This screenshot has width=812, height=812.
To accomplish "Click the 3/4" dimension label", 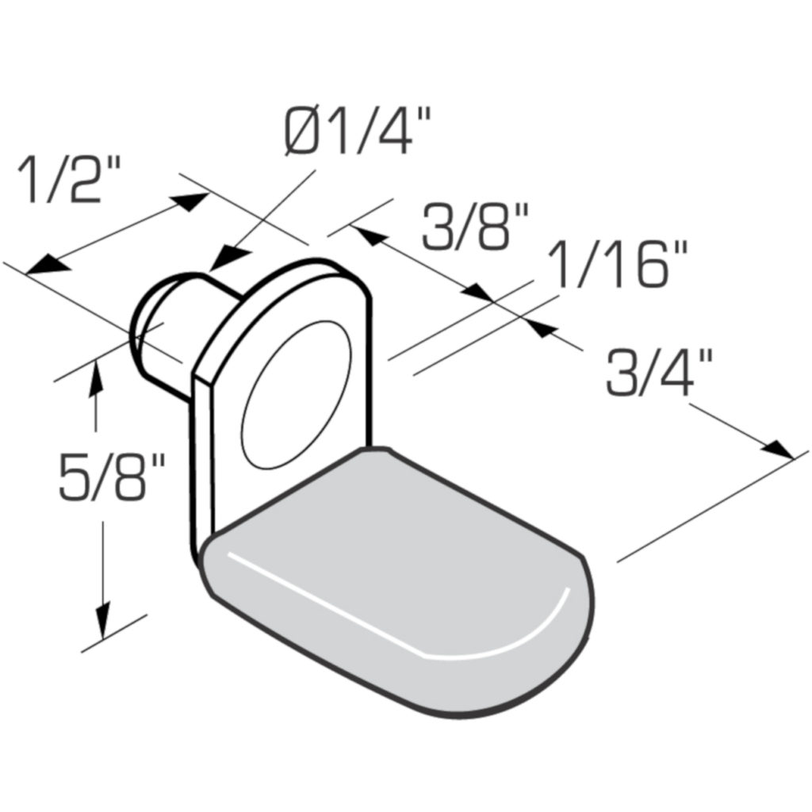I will coord(659,373).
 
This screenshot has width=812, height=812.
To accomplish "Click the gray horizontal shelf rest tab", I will coord(396,571).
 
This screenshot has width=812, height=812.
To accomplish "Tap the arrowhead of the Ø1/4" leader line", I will coord(228,259).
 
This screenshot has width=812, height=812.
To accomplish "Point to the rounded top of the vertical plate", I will coord(309,270).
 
